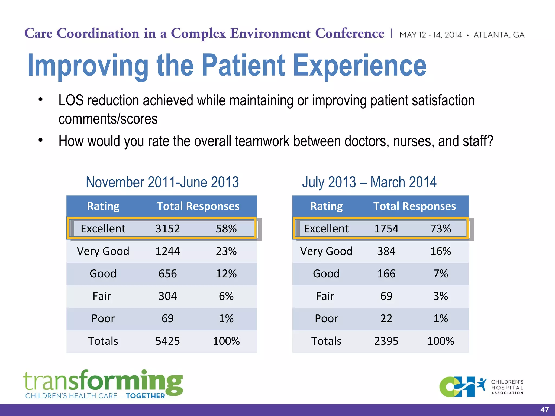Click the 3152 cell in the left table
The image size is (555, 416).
pyautogui.click(x=167, y=229)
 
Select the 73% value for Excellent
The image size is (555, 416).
pyautogui.click(x=441, y=229)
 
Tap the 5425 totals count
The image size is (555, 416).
pyautogui.click(x=167, y=341)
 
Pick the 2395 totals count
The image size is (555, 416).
pyautogui.click(x=386, y=341)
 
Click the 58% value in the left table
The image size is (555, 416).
pyautogui.click(x=226, y=229)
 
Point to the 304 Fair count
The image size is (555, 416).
pyautogui.click(x=167, y=296)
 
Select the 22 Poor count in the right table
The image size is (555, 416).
pyautogui.click(x=386, y=318)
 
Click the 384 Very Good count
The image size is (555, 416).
pyautogui.click(x=386, y=251)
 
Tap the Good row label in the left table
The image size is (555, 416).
pyautogui.click(x=103, y=274)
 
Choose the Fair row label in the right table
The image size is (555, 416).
pyautogui.click(x=325, y=296)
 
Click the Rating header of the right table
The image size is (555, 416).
pyautogui.click(x=326, y=206)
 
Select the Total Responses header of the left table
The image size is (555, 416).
pyautogui.click(x=198, y=206)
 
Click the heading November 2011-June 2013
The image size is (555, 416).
pyautogui.click(x=162, y=182)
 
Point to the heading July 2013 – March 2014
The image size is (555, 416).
pyautogui.click(x=369, y=182)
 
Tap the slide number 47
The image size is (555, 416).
pyautogui.click(x=544, y=410)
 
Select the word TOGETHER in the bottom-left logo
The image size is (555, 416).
pyautogui.click(x=145, y=396)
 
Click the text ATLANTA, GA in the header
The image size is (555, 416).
pyautogui.click(x=499, y=35)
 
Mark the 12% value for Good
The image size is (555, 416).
pyautogui.click(x=226, y=274)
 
